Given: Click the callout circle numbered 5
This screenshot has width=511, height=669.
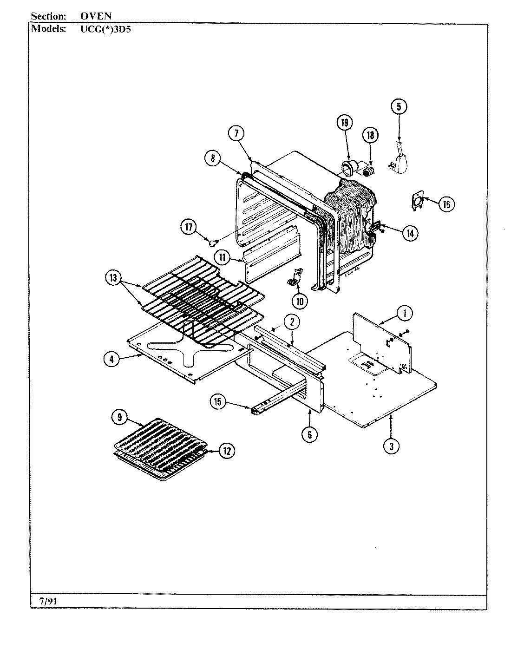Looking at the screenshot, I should (399, 107).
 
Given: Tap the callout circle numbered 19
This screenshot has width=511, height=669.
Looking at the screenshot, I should (344, 123).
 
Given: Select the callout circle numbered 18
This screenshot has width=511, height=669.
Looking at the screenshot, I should (370, 135).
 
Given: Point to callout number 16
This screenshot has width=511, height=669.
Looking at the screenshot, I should (446, 204).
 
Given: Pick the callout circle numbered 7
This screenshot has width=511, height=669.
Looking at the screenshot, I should (236, 133).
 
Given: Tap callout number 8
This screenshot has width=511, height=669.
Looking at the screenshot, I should (212, 158).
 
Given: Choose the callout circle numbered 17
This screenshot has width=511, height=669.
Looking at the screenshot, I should (188, 227).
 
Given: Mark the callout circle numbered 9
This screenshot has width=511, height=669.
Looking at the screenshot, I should (119, 418).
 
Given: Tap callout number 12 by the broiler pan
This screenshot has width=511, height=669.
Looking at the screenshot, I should (226, 450).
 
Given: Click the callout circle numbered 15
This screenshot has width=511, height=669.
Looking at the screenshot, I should (217, 401).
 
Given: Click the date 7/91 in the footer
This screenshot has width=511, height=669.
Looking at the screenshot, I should (45, 601).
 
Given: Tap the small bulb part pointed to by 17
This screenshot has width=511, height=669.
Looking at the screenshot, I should (213, 242).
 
